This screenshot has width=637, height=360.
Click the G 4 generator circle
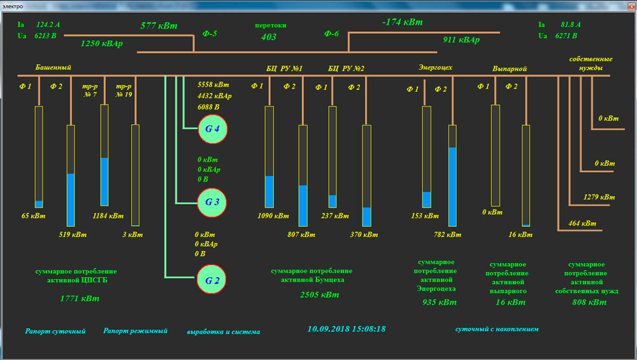(212, 129)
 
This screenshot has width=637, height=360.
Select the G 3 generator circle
(212, 203)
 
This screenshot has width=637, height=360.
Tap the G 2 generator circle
(212, 280)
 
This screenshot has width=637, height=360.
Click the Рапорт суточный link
(55, 331)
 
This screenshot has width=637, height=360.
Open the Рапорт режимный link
(135, 331)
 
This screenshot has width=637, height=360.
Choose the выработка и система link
(223, 332)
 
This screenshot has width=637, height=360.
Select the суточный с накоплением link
(497, 329)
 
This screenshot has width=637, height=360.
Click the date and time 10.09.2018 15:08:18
(347, 329)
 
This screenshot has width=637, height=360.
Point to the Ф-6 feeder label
(331, 34)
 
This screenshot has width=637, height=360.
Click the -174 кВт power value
(402, 22)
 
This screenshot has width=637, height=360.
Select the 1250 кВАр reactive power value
(102, 43)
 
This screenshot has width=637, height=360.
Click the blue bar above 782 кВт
(452, 187)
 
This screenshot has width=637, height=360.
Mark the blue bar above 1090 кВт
(269, 191)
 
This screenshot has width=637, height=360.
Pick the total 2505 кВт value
(320, 295)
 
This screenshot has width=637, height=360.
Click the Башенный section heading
(54, 68)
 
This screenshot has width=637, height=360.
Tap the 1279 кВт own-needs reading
(599, 197)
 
